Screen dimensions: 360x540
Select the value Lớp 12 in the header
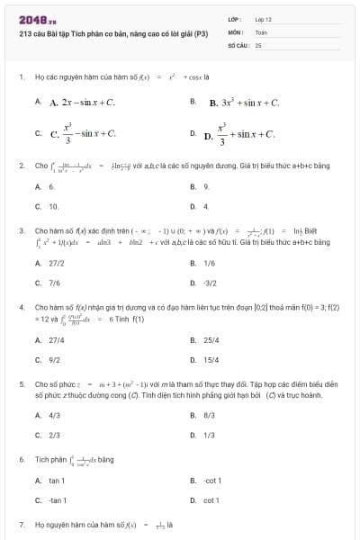[263, 19]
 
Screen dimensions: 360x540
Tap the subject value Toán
[261, 31]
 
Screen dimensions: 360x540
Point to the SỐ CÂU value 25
[258, 43]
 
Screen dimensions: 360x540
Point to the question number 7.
[21, 523]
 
